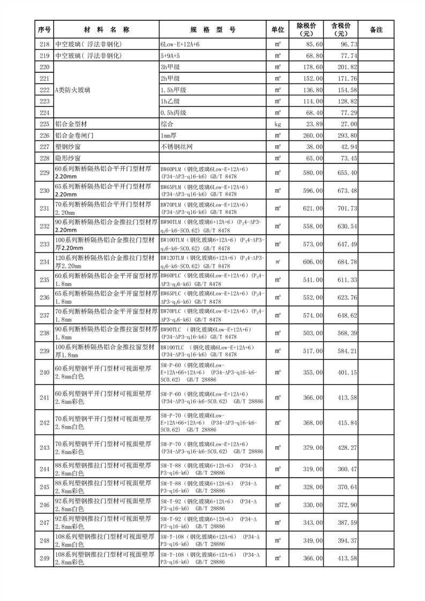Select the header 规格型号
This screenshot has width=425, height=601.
213,30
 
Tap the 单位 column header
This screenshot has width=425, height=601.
278,30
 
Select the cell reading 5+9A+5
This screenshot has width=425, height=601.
173,56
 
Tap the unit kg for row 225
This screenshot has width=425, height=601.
278,124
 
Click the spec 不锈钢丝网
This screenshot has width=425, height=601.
175,147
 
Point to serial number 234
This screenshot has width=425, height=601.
45,261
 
